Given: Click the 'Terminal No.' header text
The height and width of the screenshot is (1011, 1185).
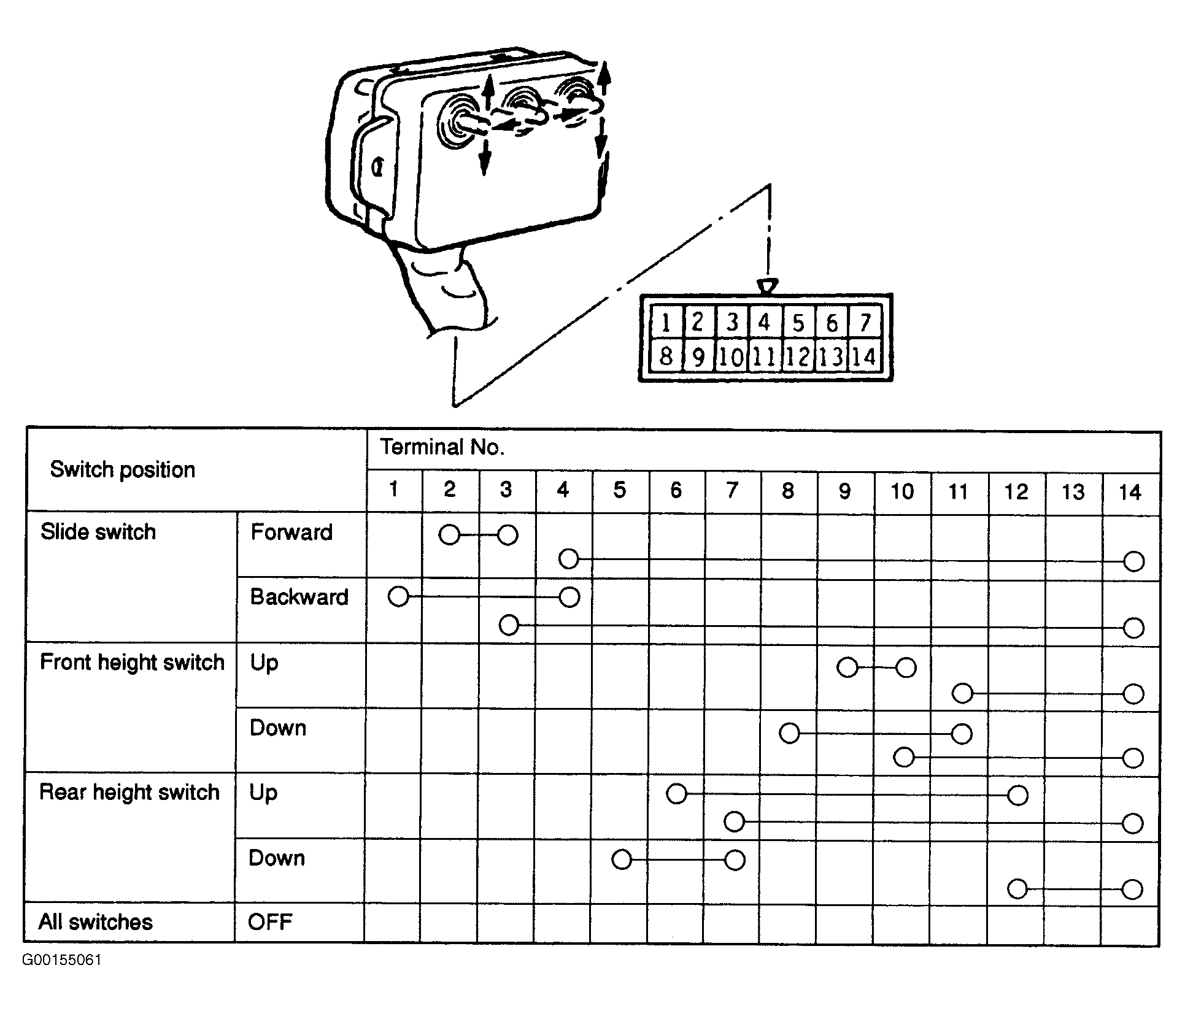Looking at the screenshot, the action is click(442, 447).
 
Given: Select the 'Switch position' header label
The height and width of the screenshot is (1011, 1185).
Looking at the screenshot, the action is click(123, 470).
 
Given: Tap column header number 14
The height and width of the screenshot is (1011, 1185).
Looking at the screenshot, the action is click(1130, 492).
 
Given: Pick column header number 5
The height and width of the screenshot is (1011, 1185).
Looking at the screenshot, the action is click(620, 490).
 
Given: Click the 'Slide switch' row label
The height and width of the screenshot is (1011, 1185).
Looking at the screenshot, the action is click(98, 532).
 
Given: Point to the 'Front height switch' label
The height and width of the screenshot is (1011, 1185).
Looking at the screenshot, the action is click(133, 663).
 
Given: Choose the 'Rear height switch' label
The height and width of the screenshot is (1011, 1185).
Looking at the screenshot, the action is click(129, 793).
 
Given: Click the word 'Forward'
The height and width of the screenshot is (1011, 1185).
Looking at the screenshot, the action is click(291, 532).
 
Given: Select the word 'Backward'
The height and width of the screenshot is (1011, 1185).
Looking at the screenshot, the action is click(299, 597).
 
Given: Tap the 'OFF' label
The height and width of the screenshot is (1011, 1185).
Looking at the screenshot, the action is click(270, 921).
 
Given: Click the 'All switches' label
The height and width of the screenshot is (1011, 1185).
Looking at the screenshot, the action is click(96, 922).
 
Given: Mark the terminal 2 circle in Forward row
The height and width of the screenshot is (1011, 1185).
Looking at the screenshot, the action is click(450, 535).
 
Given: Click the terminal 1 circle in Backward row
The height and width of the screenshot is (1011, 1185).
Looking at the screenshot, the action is click(399, 596).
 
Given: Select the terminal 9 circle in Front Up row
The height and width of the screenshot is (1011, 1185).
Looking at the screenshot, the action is click(847, 667).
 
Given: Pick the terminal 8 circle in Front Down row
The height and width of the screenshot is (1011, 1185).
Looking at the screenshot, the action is click(790, 733).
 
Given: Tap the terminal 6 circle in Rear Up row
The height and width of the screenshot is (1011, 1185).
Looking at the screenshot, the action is click(676, 794).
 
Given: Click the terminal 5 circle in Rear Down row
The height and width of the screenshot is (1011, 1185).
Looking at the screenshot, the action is click(622, 859).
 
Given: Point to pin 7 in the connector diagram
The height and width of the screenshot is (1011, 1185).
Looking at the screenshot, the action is click(865, 322).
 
